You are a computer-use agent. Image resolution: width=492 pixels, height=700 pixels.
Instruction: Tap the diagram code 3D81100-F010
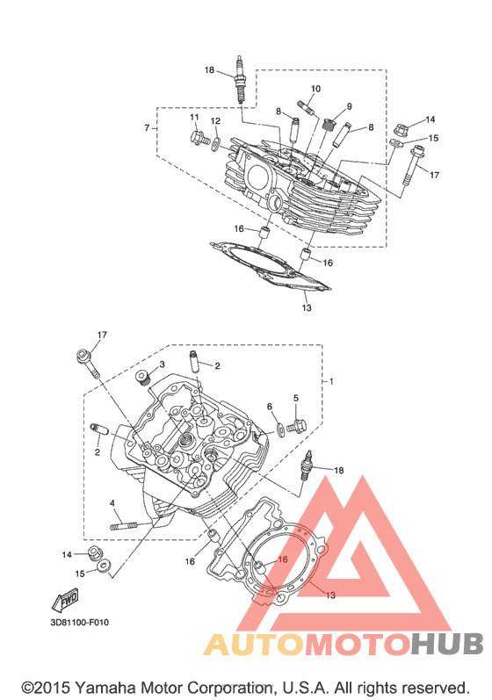(79, 622)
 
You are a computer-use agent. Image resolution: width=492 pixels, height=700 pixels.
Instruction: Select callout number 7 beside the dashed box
(147, 128)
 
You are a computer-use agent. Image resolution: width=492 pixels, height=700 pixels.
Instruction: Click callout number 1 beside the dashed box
(331, 381)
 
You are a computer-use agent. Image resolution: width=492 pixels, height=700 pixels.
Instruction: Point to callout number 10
(315, 89)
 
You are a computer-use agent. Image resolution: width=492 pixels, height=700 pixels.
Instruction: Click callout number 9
(349, 106)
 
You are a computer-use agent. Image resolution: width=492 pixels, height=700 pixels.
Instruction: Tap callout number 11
(194, 118)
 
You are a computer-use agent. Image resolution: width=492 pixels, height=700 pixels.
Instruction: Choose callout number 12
(215, 121)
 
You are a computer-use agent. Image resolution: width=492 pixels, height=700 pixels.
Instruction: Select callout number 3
(162, 364)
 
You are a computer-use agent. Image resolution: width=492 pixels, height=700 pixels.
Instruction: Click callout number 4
(112, 502)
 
